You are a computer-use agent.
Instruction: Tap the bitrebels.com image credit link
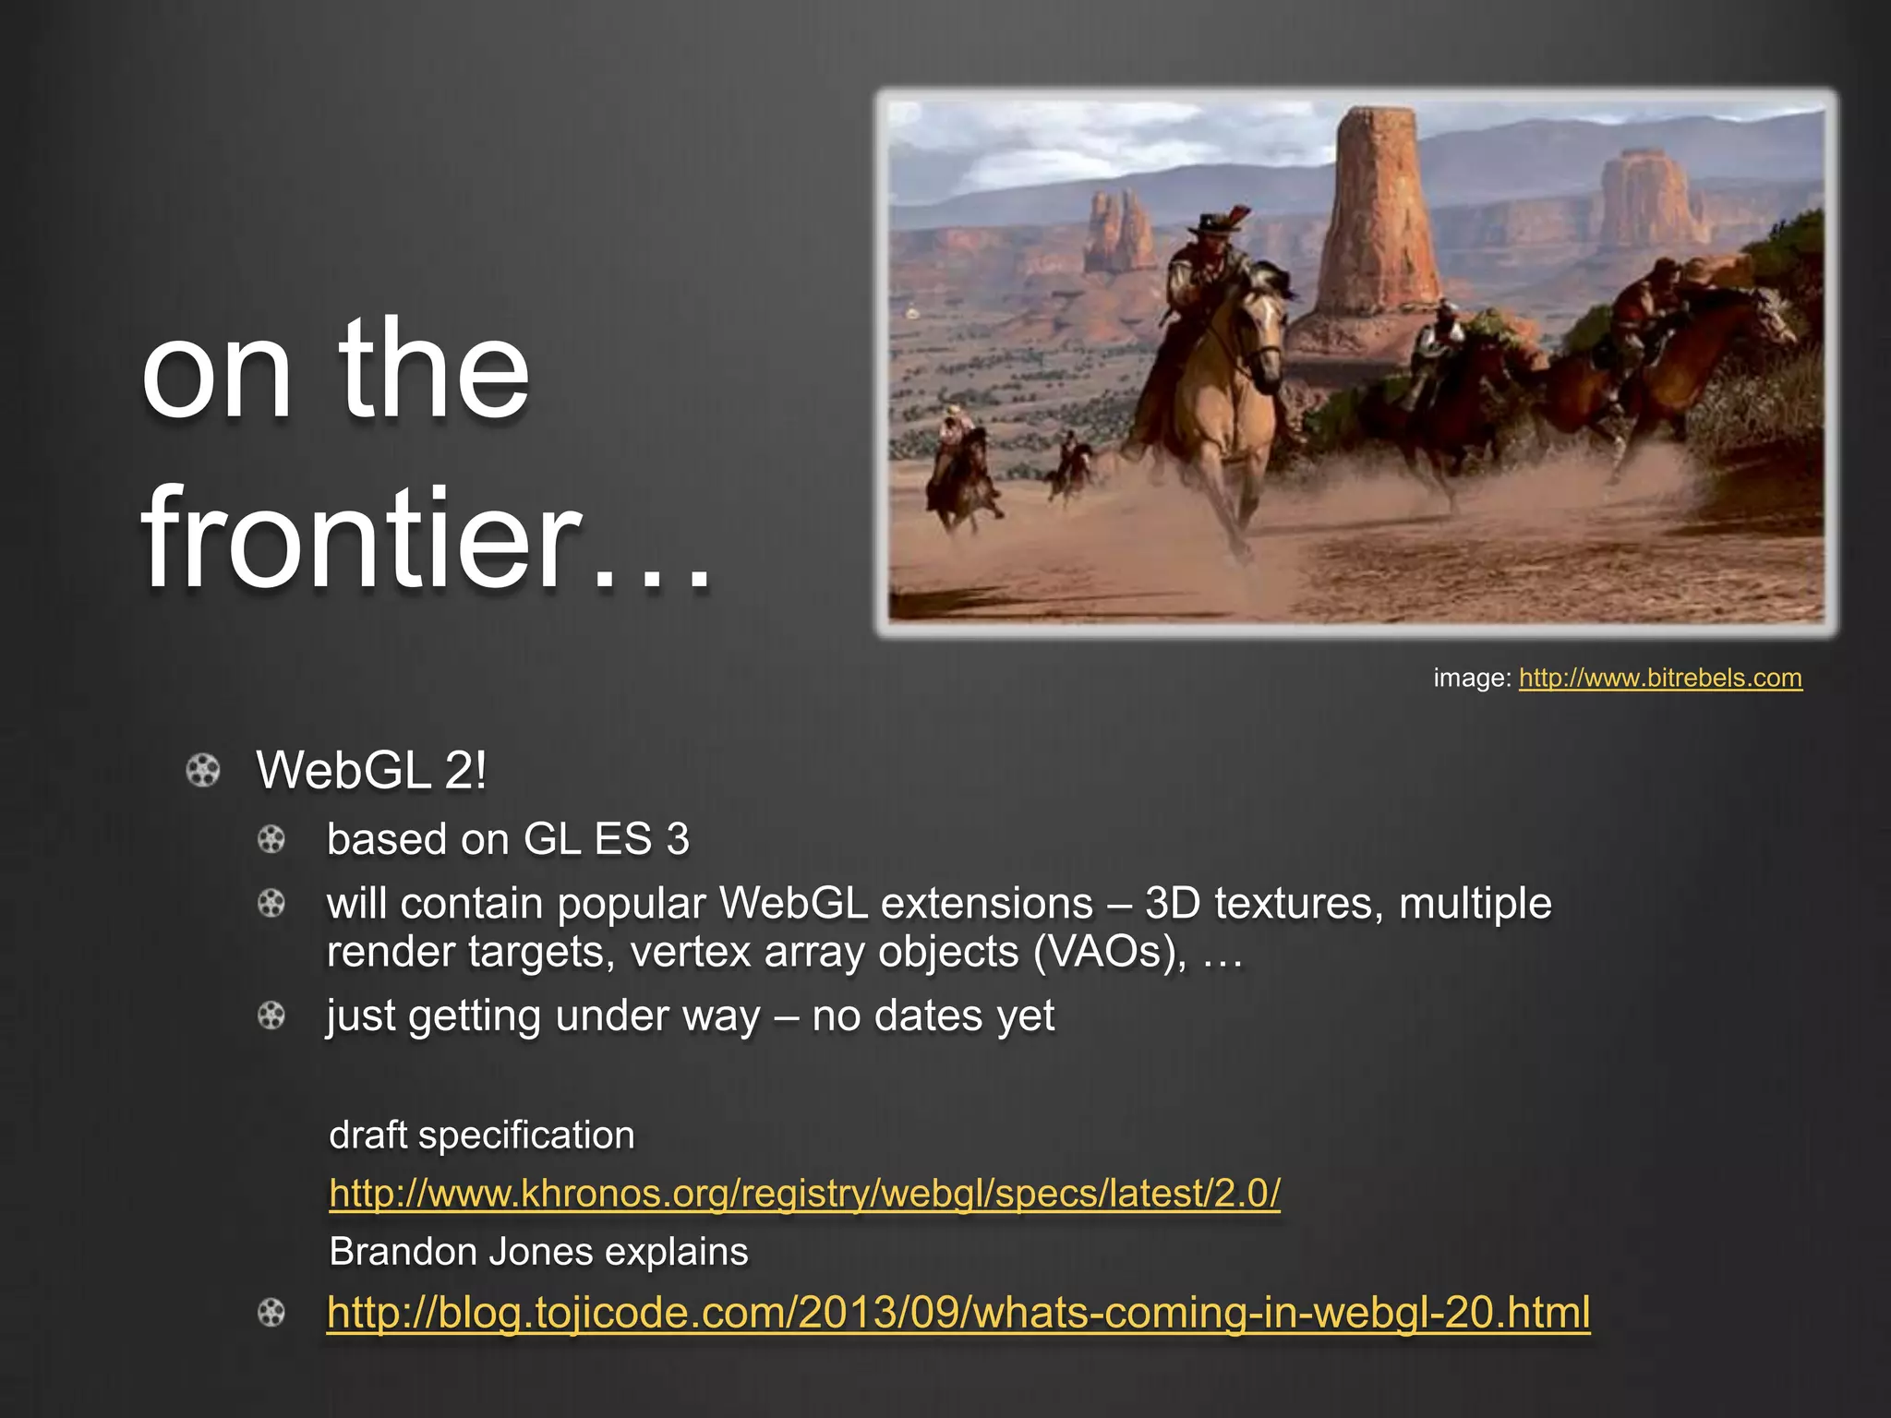click(1659, 679)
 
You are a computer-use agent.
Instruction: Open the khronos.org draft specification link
click(804, 1194)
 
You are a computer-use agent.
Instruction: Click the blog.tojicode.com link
click(958, 1312)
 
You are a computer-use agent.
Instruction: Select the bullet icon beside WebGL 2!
click(203, 771)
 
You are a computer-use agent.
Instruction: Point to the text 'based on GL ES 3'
click(508, 839)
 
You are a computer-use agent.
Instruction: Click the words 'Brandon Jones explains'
click(538, 1252)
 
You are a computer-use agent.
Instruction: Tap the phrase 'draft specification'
click(482, 1135)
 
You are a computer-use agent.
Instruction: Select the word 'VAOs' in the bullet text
click(1105, 952)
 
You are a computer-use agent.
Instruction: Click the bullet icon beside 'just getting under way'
click(271, 1016)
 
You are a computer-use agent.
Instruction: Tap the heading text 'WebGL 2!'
click(371, 771)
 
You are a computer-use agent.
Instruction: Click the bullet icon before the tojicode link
click(271, 1313)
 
